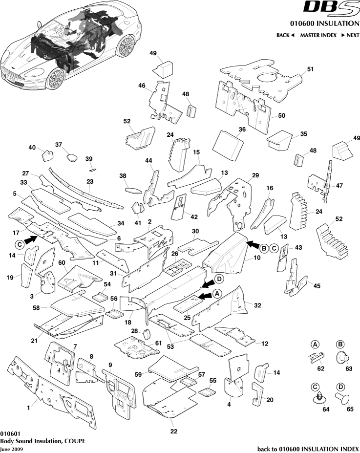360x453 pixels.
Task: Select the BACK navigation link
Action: (285, 35)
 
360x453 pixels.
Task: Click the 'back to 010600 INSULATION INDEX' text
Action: (308, 448)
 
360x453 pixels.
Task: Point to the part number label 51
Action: (310, 70)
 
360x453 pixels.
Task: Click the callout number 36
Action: (241, 129)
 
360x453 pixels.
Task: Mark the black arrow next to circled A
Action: (207, 294)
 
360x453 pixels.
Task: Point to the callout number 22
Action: (173, 431)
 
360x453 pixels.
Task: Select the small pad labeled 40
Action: (48, 156)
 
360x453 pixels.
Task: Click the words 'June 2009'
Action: (11, 448)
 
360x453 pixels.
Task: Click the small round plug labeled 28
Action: (145, 335)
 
